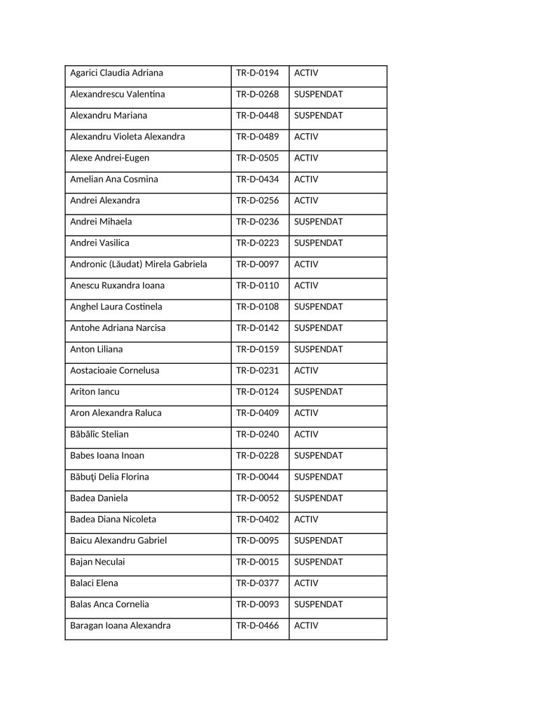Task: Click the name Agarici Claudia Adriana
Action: tap(116, 73)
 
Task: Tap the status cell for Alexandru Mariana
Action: tap(318, 116)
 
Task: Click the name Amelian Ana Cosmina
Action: tap(114, 179)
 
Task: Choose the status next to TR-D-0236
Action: tap(318, 222)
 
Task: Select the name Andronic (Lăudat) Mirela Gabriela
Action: tap(138, 264)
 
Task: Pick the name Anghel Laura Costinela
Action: tap(116, 307)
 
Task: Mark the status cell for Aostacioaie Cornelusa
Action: tap(306, 370)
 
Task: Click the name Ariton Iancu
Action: tap(95, 392)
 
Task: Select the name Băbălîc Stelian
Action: tap(99, 435)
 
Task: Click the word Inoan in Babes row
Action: tap(131, 456)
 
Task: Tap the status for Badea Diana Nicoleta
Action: tap(306, 520)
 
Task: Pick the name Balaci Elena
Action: tap(94, 583)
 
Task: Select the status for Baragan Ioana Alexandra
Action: tap(306, 625)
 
